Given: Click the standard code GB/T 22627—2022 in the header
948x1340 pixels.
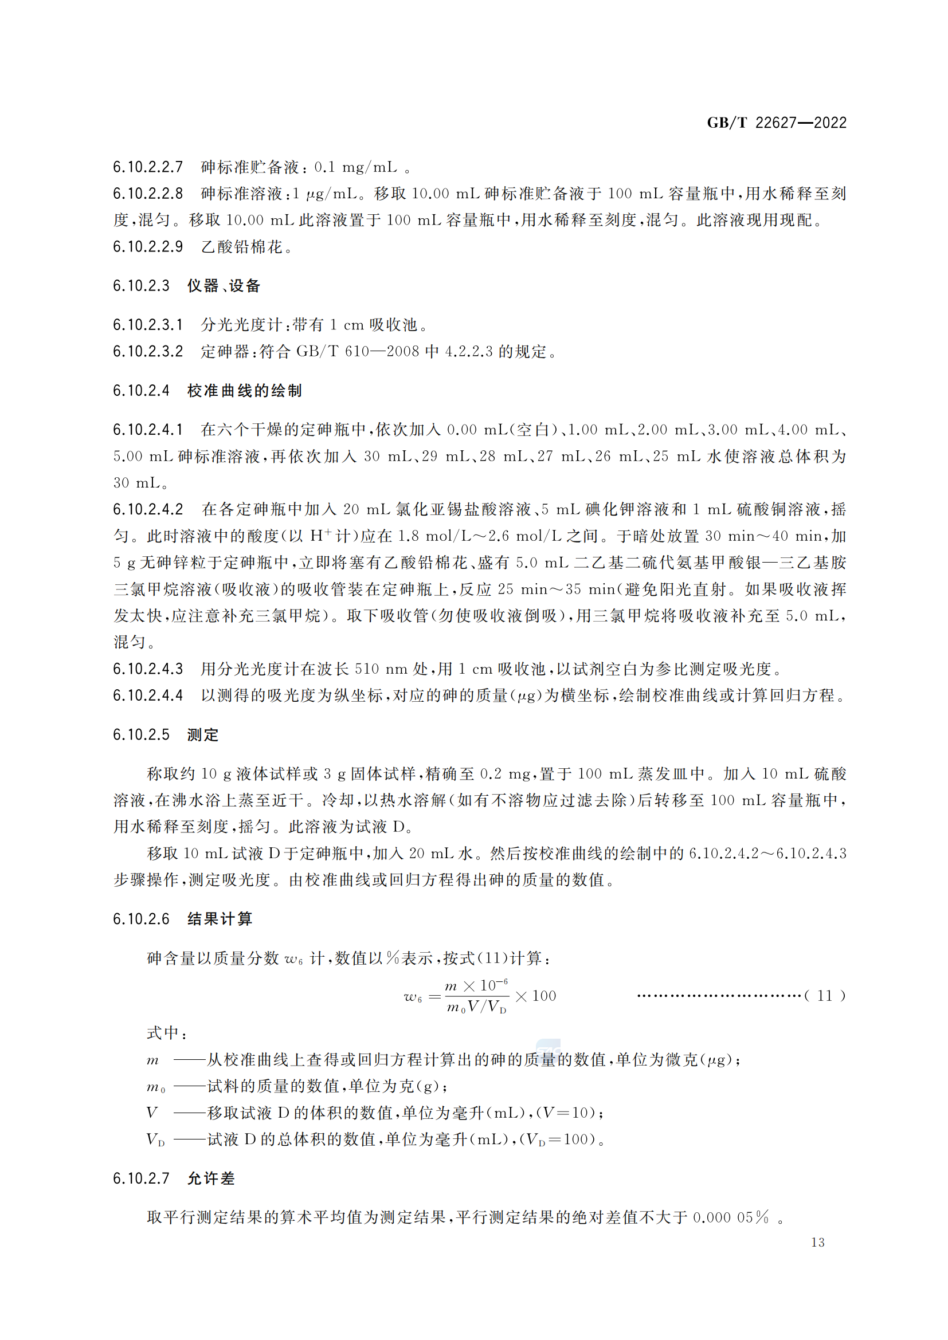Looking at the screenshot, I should click(x=776, y=123).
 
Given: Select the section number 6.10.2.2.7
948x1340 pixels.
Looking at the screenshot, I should click(x=148, y=167).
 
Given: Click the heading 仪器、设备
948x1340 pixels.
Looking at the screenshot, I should click(x=224, y=286).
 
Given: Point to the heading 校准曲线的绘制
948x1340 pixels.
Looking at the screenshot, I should click(x=244, y=391).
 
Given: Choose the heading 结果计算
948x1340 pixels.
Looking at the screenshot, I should click(x=220, y=919).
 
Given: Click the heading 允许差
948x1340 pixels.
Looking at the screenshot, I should click(x=211, y=1179).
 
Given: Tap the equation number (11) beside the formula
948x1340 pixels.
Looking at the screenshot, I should click(x=824, y=996).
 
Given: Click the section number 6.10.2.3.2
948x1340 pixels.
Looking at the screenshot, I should click(x=148, y=351).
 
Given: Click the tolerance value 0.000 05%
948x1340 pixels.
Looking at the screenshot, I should click(x=730, y=1217).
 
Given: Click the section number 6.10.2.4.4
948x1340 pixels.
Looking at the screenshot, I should click(x=148, y=695).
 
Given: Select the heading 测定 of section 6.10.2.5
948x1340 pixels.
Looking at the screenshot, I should click(x=202, y=735).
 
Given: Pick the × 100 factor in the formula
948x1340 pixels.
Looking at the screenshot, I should click(x=536, y=996).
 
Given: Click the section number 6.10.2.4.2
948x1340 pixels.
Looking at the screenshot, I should click(x=148, y=509).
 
